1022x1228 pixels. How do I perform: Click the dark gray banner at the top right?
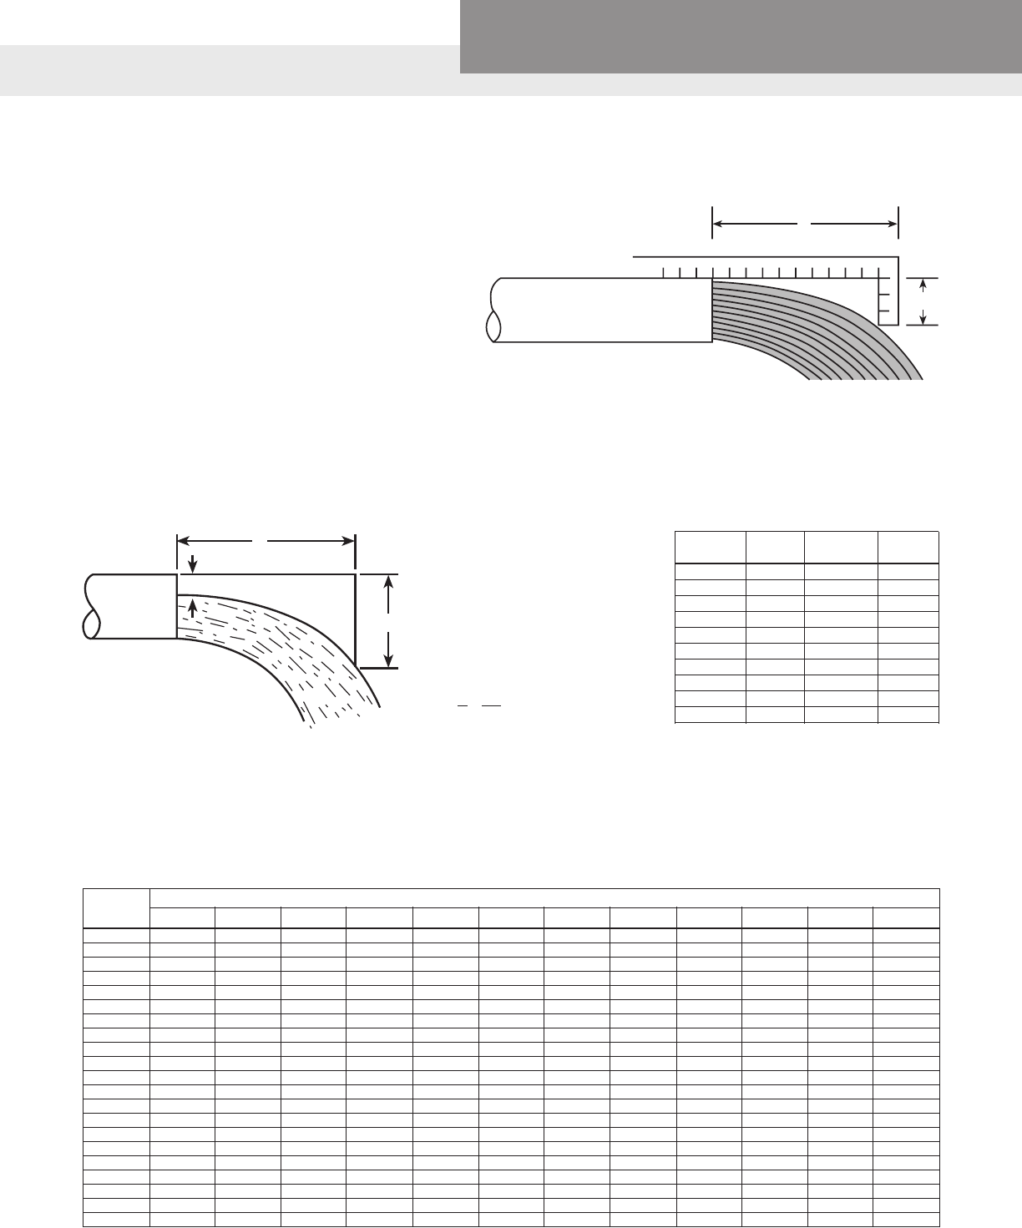(x=740, y=37)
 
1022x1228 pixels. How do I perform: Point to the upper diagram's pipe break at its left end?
(x=493, y=310)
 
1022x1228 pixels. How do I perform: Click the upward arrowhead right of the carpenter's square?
(x=922, y=286)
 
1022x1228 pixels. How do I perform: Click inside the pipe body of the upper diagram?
(x=601, y=310)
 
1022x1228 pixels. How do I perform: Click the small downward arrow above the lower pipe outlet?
(x=193, y=564)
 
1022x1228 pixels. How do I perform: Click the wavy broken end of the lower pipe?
(x=91, y=607)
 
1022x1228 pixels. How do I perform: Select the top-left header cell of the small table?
(x=710, y=547)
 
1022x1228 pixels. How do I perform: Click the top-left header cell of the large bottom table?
(x=116, y=908)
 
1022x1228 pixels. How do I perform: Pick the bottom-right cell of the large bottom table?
(x=906, y=1220)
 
